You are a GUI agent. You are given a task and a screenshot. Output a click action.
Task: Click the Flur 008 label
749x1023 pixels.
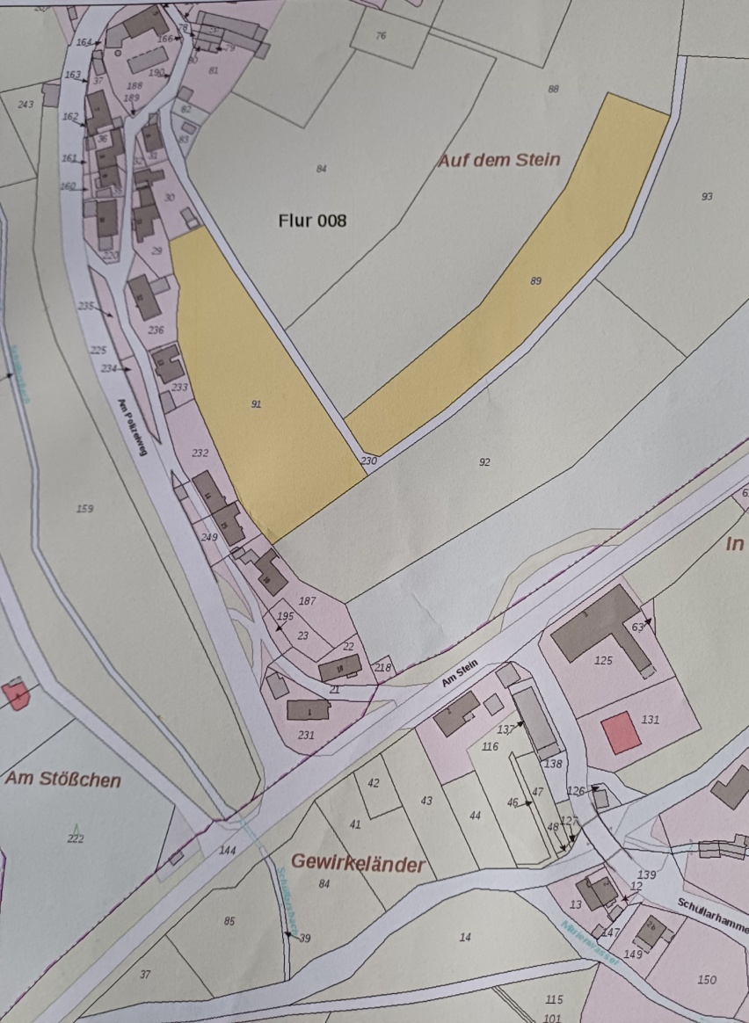(x=312, y=221)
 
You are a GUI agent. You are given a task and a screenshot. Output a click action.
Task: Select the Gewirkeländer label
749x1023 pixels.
(x=358, y=864)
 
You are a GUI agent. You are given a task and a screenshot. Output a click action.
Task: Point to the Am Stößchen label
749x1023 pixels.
(x=63, y=780)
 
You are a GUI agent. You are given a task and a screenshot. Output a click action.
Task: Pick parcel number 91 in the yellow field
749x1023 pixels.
(x=257, y=404)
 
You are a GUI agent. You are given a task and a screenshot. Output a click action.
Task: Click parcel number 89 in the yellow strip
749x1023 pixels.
(x=536, y=281)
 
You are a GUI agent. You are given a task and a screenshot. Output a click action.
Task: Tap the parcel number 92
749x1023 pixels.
(x=484, y=462)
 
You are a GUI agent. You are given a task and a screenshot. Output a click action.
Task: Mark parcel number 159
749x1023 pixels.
(x=84, y=509)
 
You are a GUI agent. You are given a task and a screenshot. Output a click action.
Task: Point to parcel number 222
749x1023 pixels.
(x=76, y=838)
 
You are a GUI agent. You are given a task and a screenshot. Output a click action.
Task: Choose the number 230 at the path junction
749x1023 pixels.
(x=369, y=461)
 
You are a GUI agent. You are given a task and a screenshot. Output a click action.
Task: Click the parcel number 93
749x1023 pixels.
(x=707, y=197)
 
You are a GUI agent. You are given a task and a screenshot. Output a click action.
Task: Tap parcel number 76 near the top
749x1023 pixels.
(x=381, y=36)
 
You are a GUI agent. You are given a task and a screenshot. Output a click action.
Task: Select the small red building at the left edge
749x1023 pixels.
(x=16, y=695)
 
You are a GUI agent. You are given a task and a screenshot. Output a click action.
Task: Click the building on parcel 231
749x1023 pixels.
(x=308, y=709)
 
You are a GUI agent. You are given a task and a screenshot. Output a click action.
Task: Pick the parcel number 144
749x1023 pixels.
(x=229, y=851)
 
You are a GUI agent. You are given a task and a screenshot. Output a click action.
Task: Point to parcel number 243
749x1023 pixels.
(x=25, y=105)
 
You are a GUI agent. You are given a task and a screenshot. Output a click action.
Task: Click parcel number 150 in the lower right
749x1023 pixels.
(x=707, y=980)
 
